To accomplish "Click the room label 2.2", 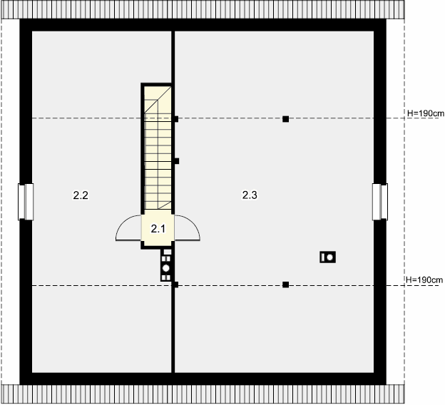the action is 81,195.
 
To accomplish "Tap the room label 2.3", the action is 250,195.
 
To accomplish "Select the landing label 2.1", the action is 158,228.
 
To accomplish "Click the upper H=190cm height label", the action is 426,113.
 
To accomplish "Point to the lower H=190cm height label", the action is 424,280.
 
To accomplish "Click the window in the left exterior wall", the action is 26,202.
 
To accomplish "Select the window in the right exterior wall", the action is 380,202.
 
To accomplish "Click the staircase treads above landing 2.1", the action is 158,148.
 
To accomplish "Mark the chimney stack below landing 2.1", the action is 166,265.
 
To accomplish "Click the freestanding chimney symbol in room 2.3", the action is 327,257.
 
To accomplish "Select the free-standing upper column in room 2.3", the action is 285,119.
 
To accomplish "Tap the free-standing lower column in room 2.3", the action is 285,284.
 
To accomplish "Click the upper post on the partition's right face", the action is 176,119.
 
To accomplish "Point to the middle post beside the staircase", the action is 177,161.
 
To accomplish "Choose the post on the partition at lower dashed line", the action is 176,284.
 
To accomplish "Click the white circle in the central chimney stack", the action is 166,268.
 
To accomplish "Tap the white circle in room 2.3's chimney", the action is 329,257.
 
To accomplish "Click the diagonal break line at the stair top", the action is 158,100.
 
